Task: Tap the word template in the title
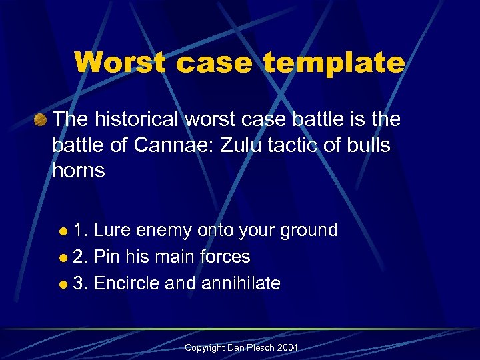click(x=334, y=63)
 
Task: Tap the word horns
click(x=79, y=170)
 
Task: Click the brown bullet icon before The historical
click(x=41, y=121)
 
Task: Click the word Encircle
click(x=127, y=283)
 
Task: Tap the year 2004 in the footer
click(x=288, y=348)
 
